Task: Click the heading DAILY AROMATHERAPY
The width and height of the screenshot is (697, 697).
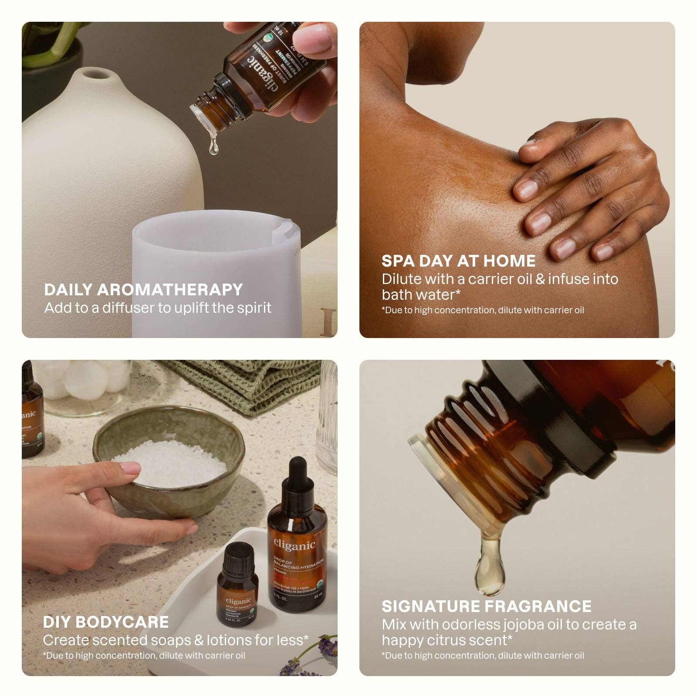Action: coord(143,290)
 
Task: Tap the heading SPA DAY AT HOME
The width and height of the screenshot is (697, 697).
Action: coord(458,261)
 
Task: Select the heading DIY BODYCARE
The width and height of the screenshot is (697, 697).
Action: coord(105,622)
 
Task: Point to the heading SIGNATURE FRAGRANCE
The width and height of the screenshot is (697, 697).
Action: coord(486,606)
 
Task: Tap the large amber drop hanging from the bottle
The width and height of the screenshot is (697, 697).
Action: coord(490,566)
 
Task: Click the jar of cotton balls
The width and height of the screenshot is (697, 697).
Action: coord(83,383)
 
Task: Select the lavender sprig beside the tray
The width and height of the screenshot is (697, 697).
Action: coord(322,653)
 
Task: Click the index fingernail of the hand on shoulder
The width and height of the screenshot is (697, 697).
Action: coord(526,188)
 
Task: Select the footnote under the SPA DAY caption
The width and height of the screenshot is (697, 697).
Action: coord(482,310)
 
